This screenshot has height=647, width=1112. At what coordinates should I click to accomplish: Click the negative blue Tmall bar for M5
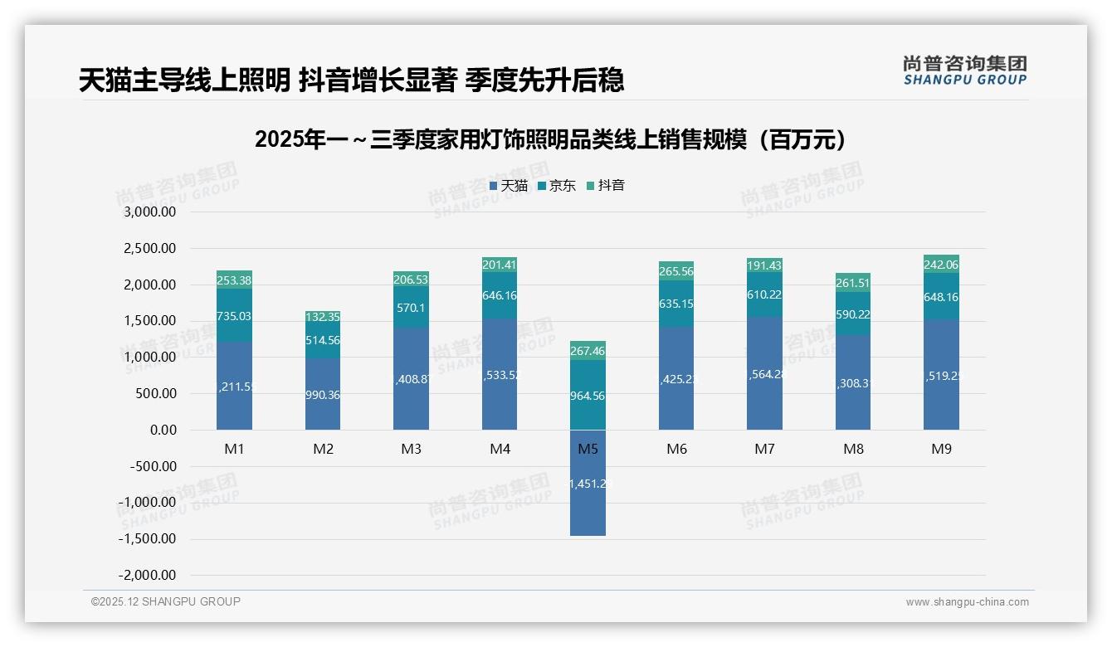pos(588,483)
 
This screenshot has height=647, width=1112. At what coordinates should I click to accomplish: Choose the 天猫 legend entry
pos(508,186)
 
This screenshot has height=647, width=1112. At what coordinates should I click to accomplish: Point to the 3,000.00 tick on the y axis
pos(150,212)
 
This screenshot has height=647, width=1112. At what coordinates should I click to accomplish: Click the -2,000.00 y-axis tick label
pos(148,576)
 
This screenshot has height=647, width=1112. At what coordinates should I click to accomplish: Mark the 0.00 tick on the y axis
pos(163,430)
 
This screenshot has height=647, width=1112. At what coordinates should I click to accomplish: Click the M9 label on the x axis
pos(941,449)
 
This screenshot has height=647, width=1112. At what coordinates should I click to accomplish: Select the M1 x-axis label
pos(234,449)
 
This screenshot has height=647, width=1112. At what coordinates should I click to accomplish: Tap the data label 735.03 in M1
pos(234,316)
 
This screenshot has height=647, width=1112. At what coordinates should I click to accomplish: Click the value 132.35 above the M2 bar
pos(323,317)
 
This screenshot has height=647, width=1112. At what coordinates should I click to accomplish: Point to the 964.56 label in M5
pos(588,396)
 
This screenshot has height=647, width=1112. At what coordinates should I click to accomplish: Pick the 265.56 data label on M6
pos(676,271)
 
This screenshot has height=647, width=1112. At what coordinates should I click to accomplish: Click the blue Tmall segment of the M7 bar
pos(764,373)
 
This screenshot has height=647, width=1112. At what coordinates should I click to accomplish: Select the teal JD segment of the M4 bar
pos(500,295)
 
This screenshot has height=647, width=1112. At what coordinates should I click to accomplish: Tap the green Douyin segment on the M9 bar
pos(941,264)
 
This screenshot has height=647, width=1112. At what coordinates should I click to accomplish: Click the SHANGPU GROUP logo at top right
pos(964,71)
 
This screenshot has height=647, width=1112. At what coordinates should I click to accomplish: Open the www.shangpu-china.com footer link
pos(967,602)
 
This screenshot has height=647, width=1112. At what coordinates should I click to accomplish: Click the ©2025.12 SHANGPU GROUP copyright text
pos(166,602)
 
